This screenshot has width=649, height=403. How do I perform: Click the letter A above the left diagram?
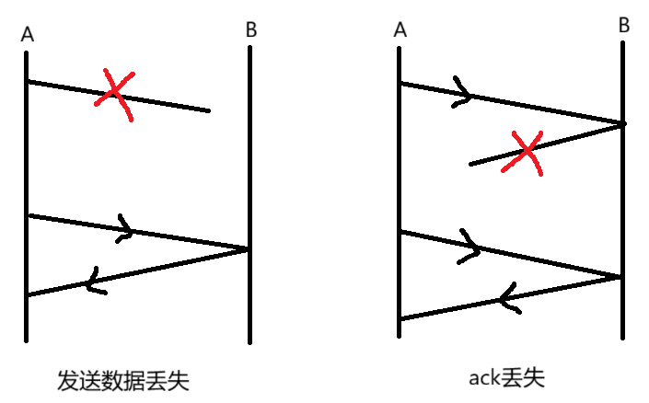(x=27, y=35)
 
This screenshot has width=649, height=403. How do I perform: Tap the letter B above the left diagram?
(x=251, y=29)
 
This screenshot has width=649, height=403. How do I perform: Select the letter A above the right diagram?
(x=400, y=30)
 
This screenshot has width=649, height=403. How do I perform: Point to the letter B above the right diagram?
(x=624, y=25)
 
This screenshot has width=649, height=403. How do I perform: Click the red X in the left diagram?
(x=114, y=93)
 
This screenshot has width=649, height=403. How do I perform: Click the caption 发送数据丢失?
(x=122, y=380)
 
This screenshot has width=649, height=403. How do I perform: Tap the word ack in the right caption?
(x=482, y=378)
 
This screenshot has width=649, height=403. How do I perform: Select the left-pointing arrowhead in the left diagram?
(x=93, y=281)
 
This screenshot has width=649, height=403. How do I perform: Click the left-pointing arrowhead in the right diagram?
(x=506, y=297)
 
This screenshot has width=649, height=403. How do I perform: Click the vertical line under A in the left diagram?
(x=27, y=184)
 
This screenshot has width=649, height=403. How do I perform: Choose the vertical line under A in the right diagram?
(x=400, y=184)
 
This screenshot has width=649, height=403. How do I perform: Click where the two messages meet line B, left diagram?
(x=249, y=248)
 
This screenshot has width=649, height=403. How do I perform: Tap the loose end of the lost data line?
(x=208, y=110)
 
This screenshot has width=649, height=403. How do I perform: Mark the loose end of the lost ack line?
(x=471, y=164)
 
